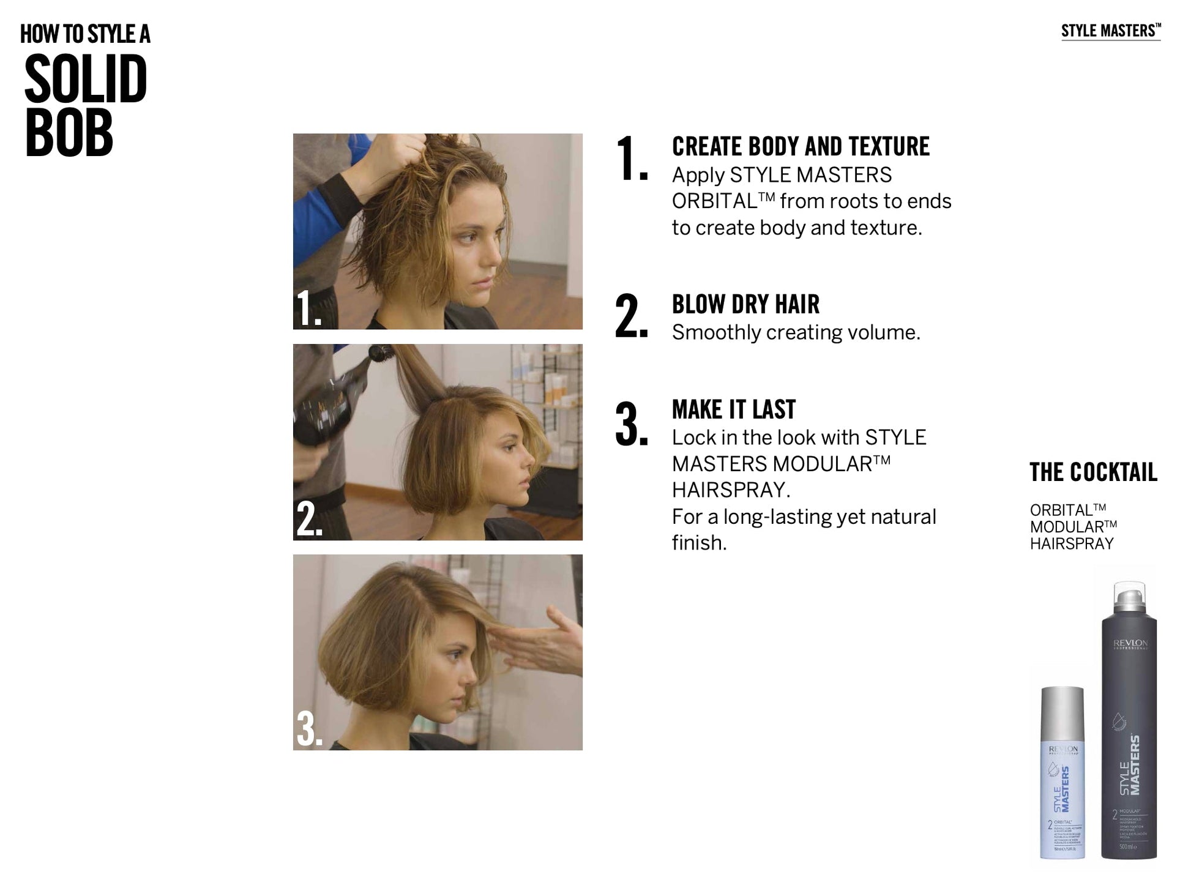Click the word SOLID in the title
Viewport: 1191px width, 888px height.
[86, 80]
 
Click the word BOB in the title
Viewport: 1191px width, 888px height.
[69, 133]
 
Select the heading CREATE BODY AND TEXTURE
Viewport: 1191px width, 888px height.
[801, 147]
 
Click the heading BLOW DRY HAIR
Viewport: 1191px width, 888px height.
[745, 304]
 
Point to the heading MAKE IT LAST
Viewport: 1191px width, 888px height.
[733, 409]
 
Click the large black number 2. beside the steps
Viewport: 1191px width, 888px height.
[631, 316]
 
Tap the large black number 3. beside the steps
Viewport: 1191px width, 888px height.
[631, 424]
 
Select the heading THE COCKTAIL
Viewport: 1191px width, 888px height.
[1093, 472]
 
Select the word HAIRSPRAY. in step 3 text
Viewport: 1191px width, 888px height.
[731, 490]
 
